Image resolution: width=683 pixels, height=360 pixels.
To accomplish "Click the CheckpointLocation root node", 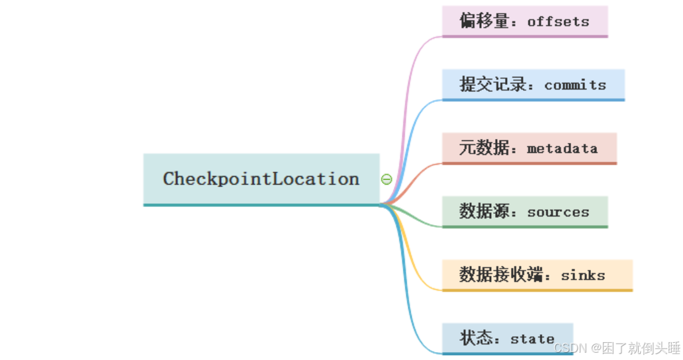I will (261, 179).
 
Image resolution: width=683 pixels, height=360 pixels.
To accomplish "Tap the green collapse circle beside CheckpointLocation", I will (387, 179).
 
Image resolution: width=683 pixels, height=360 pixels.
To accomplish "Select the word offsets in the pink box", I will (558, 21).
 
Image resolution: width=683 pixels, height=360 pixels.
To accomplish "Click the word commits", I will (575, 85).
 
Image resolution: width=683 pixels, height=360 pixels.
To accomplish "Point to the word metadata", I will (562, 148).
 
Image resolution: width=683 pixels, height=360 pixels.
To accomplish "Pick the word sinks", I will (583, 275).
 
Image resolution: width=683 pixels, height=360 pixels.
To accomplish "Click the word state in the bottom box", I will (532, 339).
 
